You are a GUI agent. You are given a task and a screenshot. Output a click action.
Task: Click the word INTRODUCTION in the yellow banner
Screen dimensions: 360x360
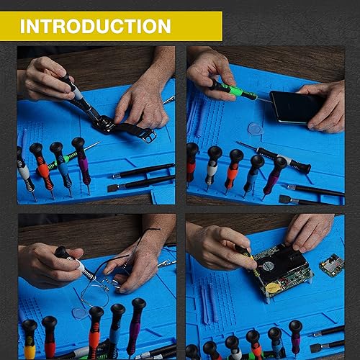click(x=95, y=27)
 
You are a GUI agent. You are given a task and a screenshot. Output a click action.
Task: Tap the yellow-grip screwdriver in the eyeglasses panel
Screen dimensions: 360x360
click(x=29, y=336)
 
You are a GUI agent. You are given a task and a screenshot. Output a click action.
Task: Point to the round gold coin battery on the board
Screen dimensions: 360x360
click(x=272, y=285)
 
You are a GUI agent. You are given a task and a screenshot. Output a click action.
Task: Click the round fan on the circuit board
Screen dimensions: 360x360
click(x=265, y=265)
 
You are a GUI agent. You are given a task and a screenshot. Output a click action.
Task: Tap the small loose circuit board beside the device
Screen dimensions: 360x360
click(x=332, y=264)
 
